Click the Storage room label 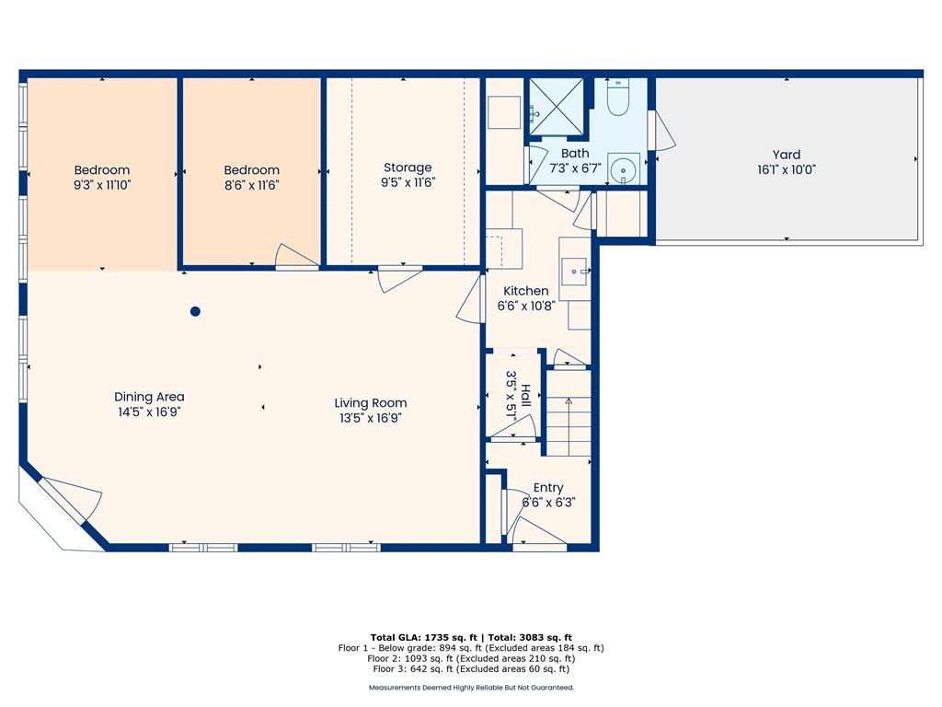pyautogui.click(x=408, y=168)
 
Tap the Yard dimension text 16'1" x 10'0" pyautogui.click(x=786, y=170)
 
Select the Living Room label pyautogui.click(x=371, y=403)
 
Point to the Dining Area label pyautogui.click(x=149, y=397)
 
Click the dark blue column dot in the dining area pyautogui.click(x=195, y=311)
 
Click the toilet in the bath pyautogui.click(x=617, y=98)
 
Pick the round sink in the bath pyautogui.click(x=624, y=169)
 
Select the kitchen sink pyautogui.click(x=575, y=272)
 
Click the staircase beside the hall pyautogui.click(x=569, y=413)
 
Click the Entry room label pyautogui.click(x=548, y=488)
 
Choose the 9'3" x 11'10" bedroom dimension pyautogui.click(x=102, y=185)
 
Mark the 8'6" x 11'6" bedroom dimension pyautogui.click(x=252, y=185)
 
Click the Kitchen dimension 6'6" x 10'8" pyautogui.click(x=525, y=306)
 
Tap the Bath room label pyautogui.click(x=575, y=154)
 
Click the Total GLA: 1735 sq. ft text pyautogui.click(x=423, y=637)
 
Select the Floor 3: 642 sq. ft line pyautogui.click(x=470, y=668)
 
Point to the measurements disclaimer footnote pyautogui.click(x=471, y=687)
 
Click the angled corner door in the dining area pyautogui.click(x=71, y=499)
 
